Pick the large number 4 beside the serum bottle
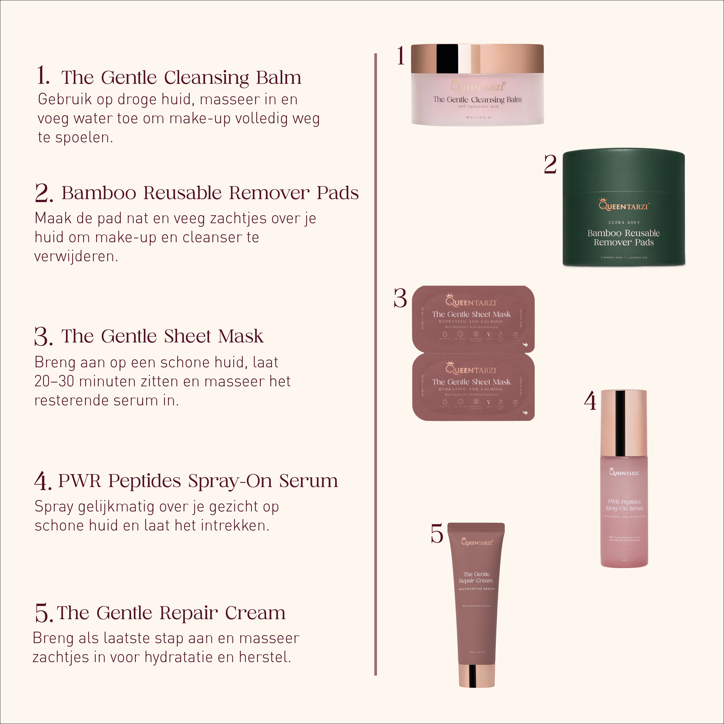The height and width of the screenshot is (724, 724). [590, 401]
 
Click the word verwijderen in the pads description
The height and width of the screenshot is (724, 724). [76, 256]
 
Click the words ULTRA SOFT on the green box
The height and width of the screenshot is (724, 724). [624, 223]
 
